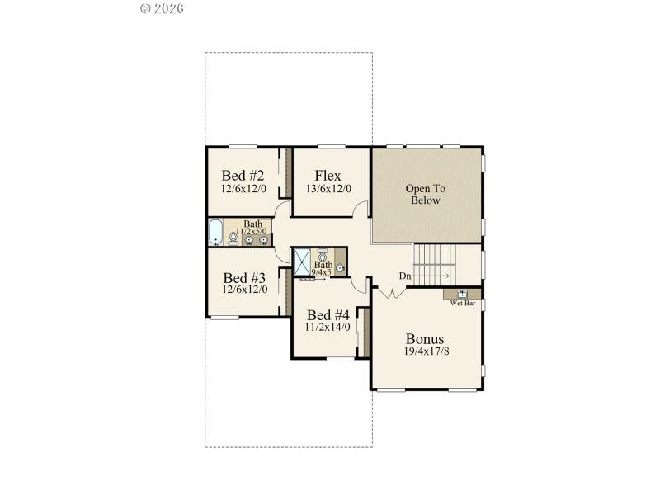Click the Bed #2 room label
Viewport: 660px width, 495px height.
click(243, 176)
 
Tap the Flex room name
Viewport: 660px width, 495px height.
click(328, 176)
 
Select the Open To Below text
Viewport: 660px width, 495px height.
click(426, 195)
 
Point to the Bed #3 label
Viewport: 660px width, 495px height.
click(243, 277)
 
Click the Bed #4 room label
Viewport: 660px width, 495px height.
click(328, 315)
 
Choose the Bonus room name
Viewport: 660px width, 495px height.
click(425, 338)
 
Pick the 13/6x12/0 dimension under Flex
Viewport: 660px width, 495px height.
click(328, 189)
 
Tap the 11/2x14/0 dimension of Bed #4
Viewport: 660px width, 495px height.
click(328, 328)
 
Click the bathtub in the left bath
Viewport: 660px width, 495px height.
click(216, 233)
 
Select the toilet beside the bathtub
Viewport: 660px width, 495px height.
click(233, 237)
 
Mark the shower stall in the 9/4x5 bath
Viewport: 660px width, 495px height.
click(304, 262)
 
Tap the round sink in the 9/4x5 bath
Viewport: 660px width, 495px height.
click(340, 268)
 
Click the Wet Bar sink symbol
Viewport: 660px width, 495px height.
click(463, 293)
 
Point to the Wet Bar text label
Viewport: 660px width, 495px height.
click(463, 303)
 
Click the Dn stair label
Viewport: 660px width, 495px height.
click(405, 276)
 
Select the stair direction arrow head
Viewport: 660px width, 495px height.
click(448, 276)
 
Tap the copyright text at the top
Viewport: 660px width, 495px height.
click(162, 8)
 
